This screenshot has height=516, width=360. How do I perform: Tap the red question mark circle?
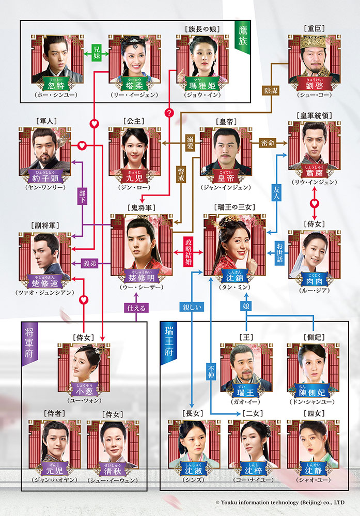pyautogui.click(x=167, y=112)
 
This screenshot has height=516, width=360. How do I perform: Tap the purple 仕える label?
pyautogui.click(x=136, y=309)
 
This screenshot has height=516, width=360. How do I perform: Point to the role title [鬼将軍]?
pyautogui.click(x=140, y=207)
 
